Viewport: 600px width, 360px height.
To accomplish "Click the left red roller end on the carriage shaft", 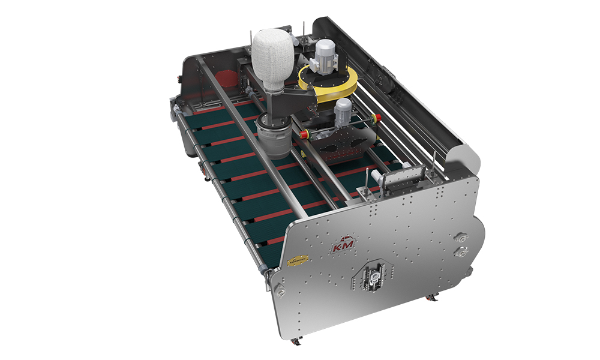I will click(304, 133).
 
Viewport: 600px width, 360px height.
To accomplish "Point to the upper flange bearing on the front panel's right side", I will click(462, 236).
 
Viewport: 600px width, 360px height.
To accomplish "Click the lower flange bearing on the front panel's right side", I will click(463, 251).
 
